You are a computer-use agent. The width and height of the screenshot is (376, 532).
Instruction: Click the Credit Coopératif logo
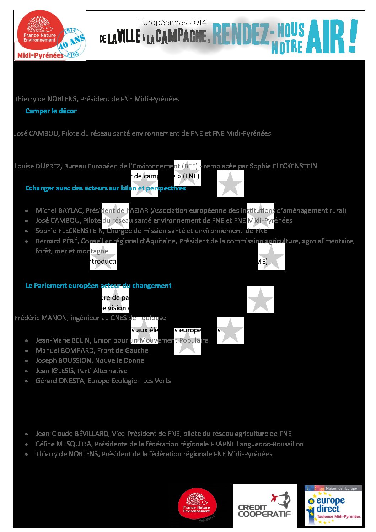pos(264,505)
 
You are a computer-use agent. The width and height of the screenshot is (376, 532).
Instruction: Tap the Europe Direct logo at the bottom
pos(333,505)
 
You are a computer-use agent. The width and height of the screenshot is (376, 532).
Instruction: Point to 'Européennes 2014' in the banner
pos(172,22)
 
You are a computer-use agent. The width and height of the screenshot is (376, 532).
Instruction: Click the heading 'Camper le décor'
pos(51,111)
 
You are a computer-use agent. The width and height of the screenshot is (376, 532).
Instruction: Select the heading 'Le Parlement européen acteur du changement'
pos(98,285)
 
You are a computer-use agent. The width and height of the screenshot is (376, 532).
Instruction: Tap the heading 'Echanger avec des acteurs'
pos(105,188)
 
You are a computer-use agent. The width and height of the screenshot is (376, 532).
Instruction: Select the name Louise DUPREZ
pos(38,166)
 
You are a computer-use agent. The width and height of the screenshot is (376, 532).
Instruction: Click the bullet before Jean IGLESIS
pos(27,371)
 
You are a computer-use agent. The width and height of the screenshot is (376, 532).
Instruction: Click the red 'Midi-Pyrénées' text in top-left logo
pos(40,55)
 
